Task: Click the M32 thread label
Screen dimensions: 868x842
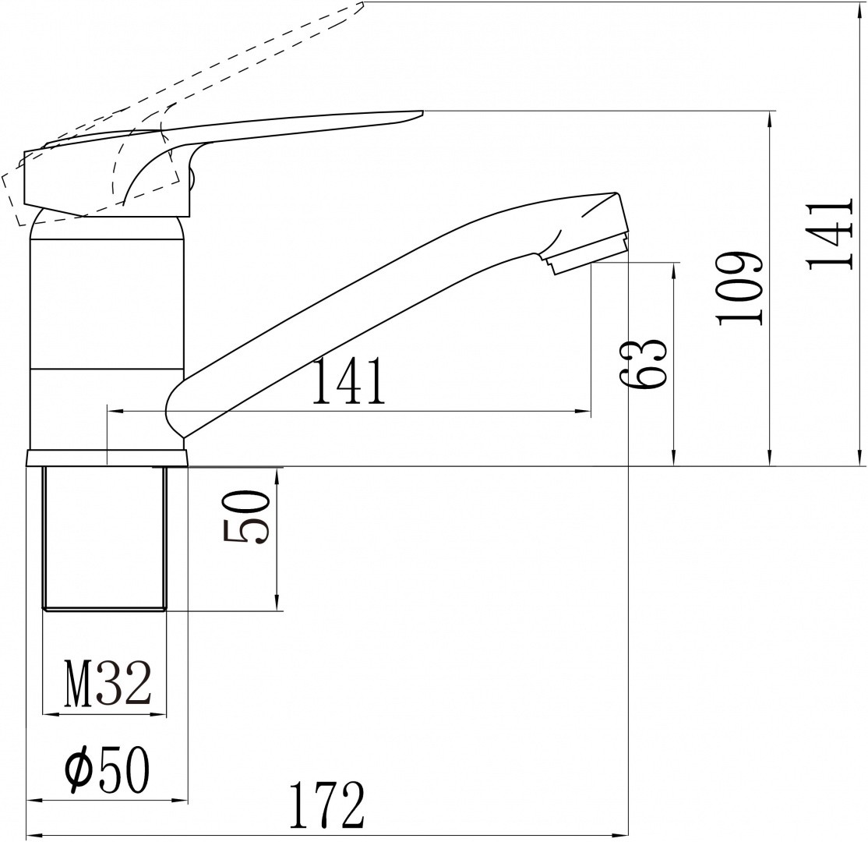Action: coord(108,684)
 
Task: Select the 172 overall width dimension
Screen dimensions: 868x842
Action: coord(327,805)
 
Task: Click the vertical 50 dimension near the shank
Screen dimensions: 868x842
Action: coord(245,517)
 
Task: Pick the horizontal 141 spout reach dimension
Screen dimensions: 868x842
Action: coord(348,381)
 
